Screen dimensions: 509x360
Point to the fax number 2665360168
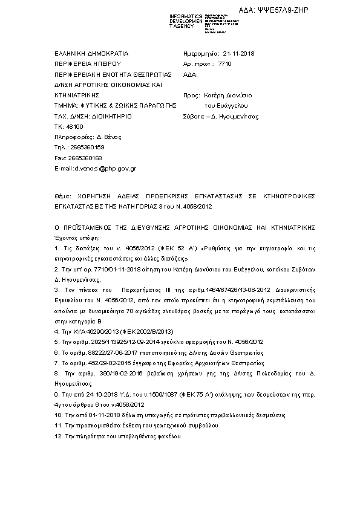pos(81,158)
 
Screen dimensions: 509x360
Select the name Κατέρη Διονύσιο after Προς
pos(229,96)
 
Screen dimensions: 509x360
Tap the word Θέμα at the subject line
pos(62,196)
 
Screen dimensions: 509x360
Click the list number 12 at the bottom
pos(58,436)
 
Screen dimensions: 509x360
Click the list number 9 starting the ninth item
pos(56,394)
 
